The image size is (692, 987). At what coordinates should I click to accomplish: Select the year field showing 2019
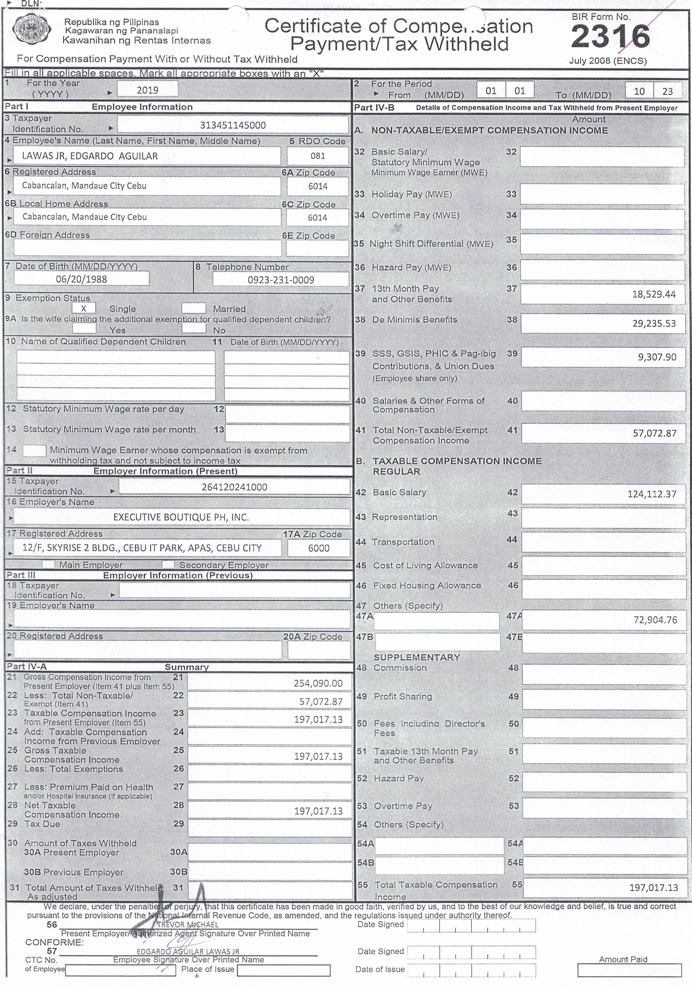(148, 90)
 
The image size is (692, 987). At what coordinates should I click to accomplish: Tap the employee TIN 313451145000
(233, 125)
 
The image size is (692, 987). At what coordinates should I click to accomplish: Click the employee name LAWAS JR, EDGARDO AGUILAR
(90, 156)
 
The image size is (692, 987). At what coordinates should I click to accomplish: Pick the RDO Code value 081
(317, 156)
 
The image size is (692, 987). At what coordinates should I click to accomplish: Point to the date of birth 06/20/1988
(81, 279)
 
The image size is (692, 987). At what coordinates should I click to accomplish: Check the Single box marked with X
(84, 308)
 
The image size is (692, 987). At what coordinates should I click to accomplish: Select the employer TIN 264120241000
(234, 487)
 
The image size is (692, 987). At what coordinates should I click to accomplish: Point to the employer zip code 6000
(319, 548)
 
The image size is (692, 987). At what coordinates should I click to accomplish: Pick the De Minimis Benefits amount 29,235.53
(654, 323)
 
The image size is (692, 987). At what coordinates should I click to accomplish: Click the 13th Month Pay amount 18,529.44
(654, 294)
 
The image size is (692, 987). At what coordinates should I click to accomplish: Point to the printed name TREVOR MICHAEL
(188, 924)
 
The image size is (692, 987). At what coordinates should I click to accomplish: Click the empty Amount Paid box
(629, 970)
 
